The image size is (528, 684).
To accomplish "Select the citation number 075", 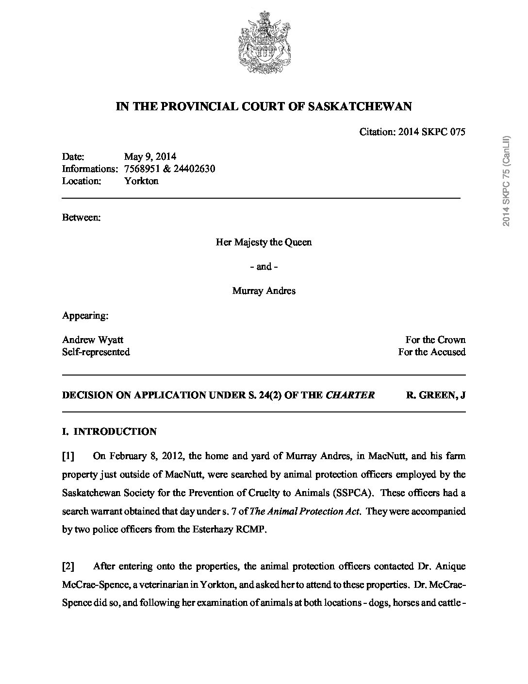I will pos(457,132).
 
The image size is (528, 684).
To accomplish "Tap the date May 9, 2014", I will pos(150,156).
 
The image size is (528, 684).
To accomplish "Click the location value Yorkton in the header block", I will pos(141,181).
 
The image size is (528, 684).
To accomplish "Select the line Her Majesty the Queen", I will pos(264,242).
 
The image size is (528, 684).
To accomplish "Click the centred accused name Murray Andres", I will pos(264,291).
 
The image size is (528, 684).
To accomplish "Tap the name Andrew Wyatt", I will pos(93,340).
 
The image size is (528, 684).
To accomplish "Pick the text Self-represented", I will pos(96,352).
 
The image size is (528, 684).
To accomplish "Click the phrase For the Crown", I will pos(435,340).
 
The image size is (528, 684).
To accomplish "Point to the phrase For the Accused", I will pos(431,352).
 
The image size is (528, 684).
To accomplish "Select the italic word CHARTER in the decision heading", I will pos(350,395).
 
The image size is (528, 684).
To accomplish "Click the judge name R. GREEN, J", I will pos(435,395).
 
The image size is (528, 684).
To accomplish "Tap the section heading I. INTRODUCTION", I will pos(110,431).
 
